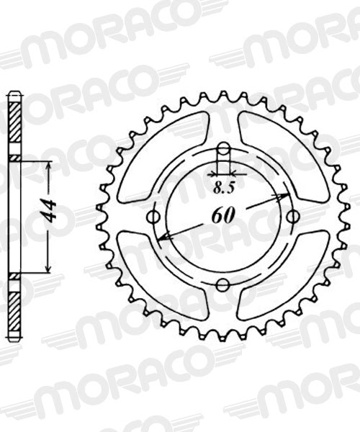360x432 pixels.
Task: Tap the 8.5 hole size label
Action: coord(224,189)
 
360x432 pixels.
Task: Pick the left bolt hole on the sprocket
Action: coord(153,217)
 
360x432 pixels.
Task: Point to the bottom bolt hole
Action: coord(224,283)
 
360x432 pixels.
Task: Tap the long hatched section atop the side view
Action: coord(15,126)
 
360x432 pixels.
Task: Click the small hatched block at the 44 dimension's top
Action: coord(15,158)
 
